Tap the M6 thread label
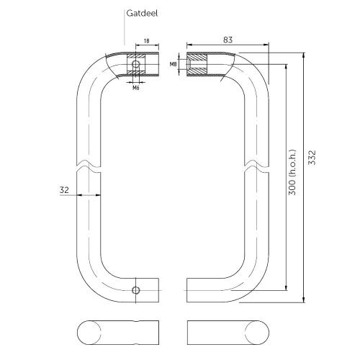point(135,88)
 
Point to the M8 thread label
point(173,65)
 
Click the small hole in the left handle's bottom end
point(135,291)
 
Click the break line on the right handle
point(247,164)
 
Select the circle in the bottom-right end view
point(254,330)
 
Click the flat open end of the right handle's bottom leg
point(188,291)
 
